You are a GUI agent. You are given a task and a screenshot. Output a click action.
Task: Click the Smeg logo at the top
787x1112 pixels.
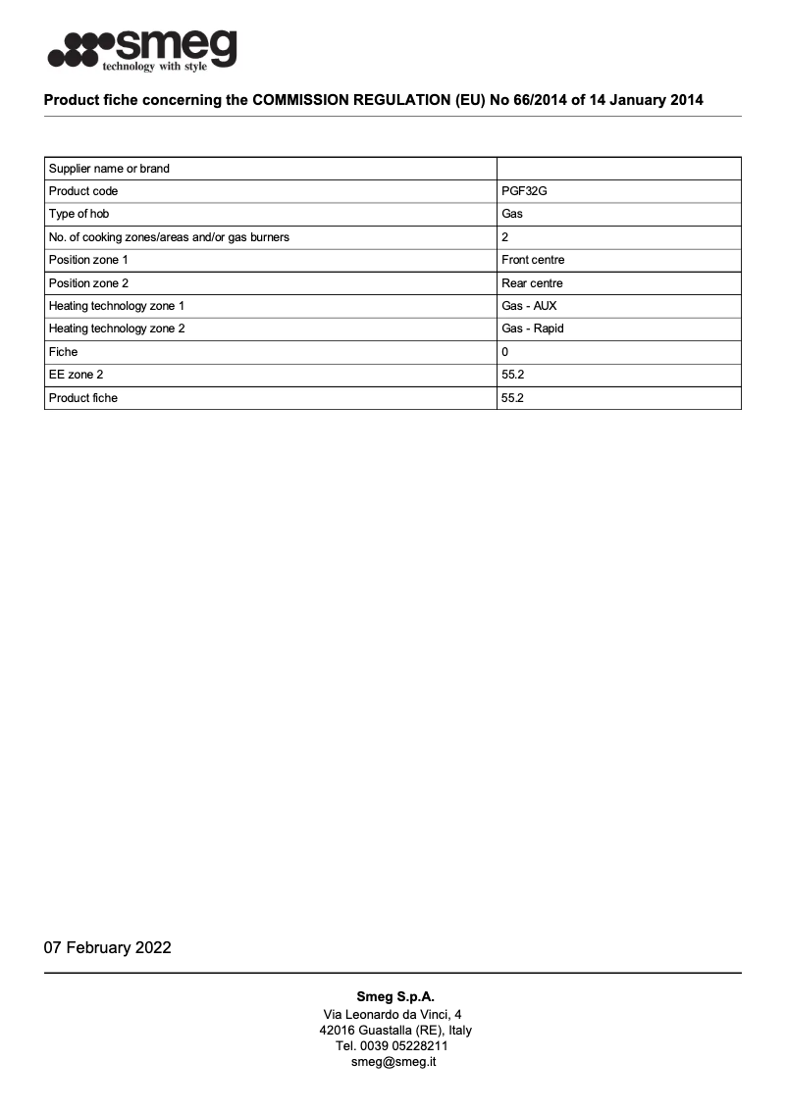click(142, 49)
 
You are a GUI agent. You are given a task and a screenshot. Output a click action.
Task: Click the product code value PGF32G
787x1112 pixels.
click(524, 191)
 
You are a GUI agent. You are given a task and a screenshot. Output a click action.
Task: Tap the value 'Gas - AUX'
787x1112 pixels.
click(529, 306)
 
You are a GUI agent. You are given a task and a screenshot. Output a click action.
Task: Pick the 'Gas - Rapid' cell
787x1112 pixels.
click(532, 329)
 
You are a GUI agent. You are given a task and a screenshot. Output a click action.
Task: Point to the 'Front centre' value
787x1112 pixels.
click(532, 260)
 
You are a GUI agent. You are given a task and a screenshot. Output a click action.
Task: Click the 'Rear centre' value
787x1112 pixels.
click(532, 283)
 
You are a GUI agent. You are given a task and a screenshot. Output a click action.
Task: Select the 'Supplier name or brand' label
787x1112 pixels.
click(109, 169)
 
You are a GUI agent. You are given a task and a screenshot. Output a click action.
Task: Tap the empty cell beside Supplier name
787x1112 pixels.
click(618, 169)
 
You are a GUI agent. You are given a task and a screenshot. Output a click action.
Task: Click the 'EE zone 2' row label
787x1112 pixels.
click(76, 375)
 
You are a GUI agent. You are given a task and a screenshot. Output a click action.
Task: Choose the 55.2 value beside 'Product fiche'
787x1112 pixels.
click(512, 398)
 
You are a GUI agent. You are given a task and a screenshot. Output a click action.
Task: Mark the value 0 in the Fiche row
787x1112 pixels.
click(504, 351)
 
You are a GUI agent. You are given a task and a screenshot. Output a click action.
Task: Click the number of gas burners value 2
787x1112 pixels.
click(504, 237)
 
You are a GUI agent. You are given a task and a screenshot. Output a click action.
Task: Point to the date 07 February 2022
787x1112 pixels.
click(107, 947)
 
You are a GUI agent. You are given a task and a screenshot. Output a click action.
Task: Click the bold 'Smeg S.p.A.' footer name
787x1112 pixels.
click(394, 996)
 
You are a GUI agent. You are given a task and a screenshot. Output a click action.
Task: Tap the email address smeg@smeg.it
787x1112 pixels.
click(393, 1061)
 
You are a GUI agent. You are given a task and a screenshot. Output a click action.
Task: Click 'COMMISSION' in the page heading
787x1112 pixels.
click(312, 100)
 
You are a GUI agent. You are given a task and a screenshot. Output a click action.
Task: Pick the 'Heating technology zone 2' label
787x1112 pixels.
click(117, 329)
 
